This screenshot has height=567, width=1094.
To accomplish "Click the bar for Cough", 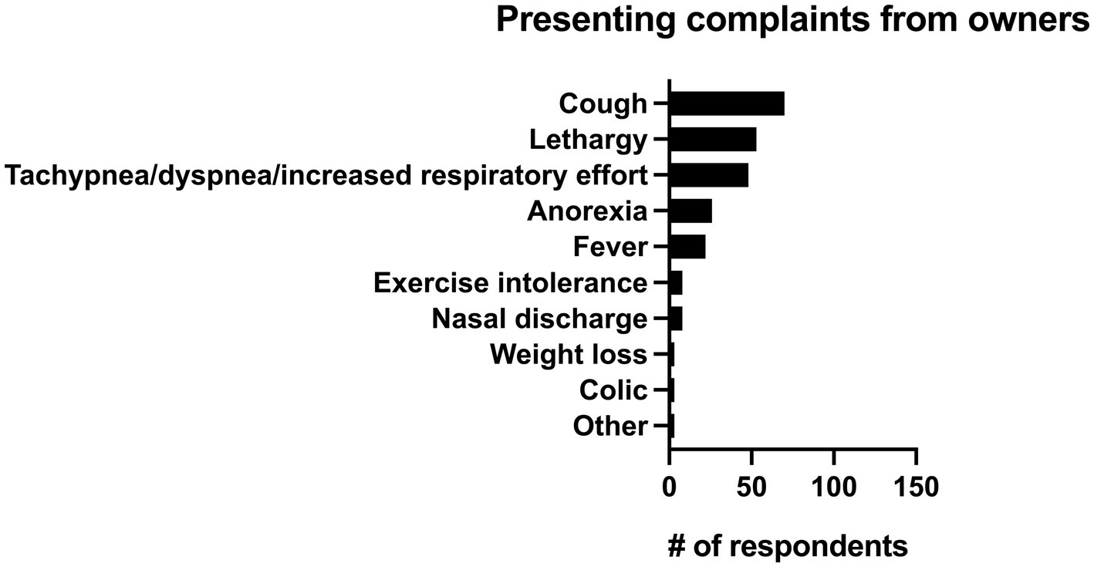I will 726,103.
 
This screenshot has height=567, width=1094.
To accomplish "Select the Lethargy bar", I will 712,140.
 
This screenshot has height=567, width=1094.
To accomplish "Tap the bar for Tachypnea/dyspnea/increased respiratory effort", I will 708,175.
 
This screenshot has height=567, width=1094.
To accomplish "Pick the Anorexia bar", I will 690,211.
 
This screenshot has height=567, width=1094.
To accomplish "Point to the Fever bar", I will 687,247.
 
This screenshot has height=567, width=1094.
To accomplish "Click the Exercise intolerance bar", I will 676,282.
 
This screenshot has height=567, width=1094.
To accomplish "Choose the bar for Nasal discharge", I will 676,318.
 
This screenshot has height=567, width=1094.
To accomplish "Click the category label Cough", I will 603,103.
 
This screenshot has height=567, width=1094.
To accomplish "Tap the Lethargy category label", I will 588,140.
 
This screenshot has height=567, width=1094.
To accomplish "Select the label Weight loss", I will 569,354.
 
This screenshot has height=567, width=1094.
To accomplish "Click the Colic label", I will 613,390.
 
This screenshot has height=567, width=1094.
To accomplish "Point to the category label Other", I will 610,426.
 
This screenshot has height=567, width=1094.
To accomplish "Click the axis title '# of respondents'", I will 787,546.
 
